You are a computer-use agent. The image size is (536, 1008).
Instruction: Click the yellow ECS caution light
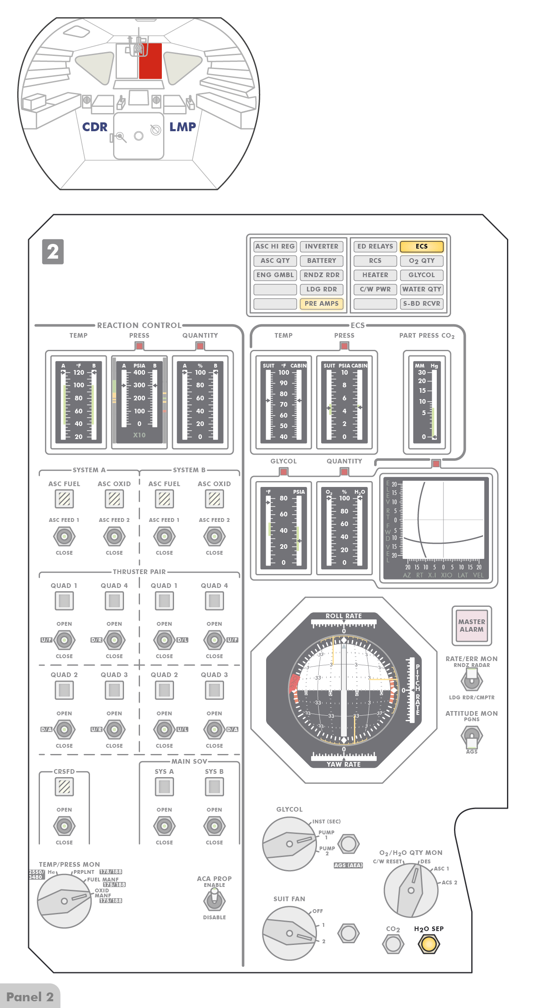pyautogui.click(x=421, y=246)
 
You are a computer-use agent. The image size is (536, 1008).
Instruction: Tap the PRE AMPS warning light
pyautogui.click(x=322, y=304)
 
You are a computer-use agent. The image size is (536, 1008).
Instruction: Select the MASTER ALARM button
pyautogui.click(x=472, y=625)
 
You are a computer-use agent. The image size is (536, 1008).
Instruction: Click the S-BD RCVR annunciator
pyautogui.click(x=421, y=304)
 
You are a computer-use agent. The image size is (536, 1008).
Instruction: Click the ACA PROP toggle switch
pyautogui.click(x=214, y=900)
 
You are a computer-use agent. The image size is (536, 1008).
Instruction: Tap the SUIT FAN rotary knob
pyautogui.click(x=289, y=933)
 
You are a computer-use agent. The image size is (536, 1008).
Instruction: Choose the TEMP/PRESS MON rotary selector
pyautogui.click(x=64, y=901)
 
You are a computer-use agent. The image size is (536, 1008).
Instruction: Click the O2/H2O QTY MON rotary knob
pyautogui.click(x=411, y=890)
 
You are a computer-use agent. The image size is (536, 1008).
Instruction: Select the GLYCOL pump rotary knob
pyautogui.click(x=289, y=844)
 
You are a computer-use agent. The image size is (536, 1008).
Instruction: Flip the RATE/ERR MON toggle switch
pyautogui.click(x=472, y=680)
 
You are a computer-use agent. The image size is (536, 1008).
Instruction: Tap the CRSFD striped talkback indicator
pyautogui.click(x=64, y=786)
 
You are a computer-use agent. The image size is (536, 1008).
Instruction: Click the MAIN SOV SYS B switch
pyautogui.click(x=214, y=826)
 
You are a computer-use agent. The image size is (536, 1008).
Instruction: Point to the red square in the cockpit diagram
pyautogui.click(x=151, y=61)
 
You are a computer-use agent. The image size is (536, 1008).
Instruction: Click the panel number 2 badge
pyautogui.click(x=53, y=251)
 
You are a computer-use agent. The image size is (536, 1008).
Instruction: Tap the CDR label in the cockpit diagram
pyautogui.click(x=95, y=127)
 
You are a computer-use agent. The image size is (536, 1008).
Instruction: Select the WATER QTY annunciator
pyautogui.click(x=421, y=289)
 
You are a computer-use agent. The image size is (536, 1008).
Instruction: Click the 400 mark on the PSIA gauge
pyautogui.click(x=139, y=373)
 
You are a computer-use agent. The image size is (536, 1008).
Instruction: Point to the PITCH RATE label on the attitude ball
pyautogui.click(x=417, y=689)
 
